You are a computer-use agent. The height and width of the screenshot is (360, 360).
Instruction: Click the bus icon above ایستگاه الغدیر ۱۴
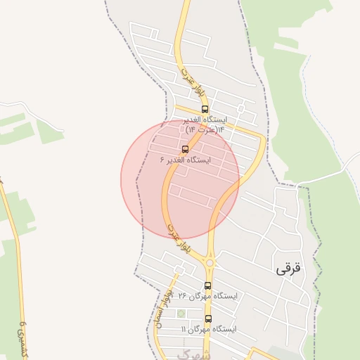tap(205, 110)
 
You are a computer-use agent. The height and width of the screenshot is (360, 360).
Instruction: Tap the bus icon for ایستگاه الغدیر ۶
tap(185, 149)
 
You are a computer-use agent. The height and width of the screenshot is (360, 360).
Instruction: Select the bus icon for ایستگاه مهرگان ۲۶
tap(207, 285)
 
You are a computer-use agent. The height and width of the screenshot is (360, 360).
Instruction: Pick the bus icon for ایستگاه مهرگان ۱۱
tap(208, 319)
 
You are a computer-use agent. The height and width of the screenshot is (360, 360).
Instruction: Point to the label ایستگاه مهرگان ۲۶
tap(207, 296)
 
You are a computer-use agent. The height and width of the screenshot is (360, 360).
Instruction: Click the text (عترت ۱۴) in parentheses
tap(199, 130)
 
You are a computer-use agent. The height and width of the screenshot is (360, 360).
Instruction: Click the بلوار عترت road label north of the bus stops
tap(184, 73)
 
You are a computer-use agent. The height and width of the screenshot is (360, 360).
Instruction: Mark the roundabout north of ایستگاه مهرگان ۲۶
tap(209, 263)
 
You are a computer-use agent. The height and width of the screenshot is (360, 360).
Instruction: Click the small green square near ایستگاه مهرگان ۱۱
tap(181, 313)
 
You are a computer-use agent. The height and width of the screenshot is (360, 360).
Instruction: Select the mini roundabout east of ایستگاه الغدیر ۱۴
tap(240, 110)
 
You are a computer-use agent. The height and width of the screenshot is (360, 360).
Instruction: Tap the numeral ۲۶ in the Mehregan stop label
tap(182, 296)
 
